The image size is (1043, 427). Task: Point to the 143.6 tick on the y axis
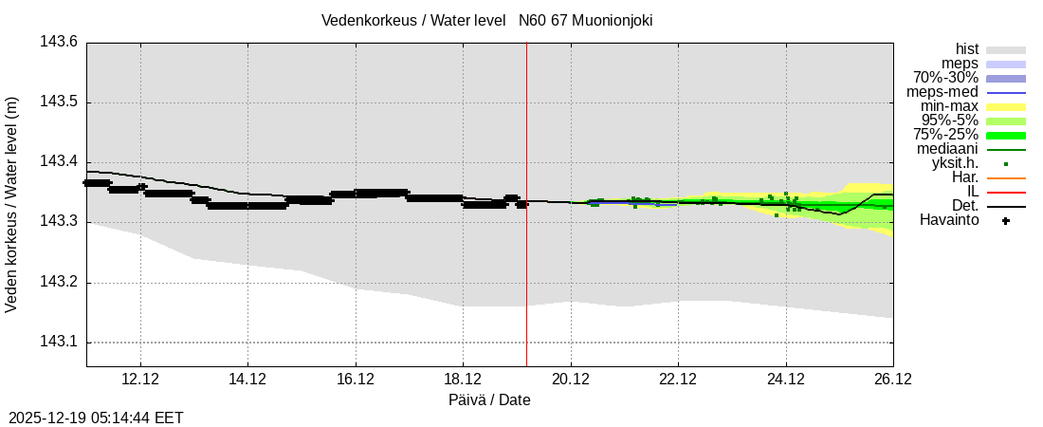point(59,42)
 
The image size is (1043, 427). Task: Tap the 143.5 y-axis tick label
point(59,102)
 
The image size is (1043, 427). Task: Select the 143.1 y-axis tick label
point(59,343)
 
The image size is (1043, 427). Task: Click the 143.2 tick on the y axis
point(59,283)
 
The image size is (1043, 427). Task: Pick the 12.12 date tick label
point(139,380)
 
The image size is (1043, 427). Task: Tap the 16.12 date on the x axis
point(355,380)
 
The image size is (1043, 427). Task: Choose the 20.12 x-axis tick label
point(571,380)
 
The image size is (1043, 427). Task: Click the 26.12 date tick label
point(892,380)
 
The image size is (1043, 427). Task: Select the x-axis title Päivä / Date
point(489,399)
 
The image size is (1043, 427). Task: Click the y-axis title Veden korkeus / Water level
point(12,204)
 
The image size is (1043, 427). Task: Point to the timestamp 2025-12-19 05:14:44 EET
point(96,418)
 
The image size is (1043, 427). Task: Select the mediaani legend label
point(947,149)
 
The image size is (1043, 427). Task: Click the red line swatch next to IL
point(1006,192)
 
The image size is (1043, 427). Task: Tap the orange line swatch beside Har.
point(1006,177)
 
